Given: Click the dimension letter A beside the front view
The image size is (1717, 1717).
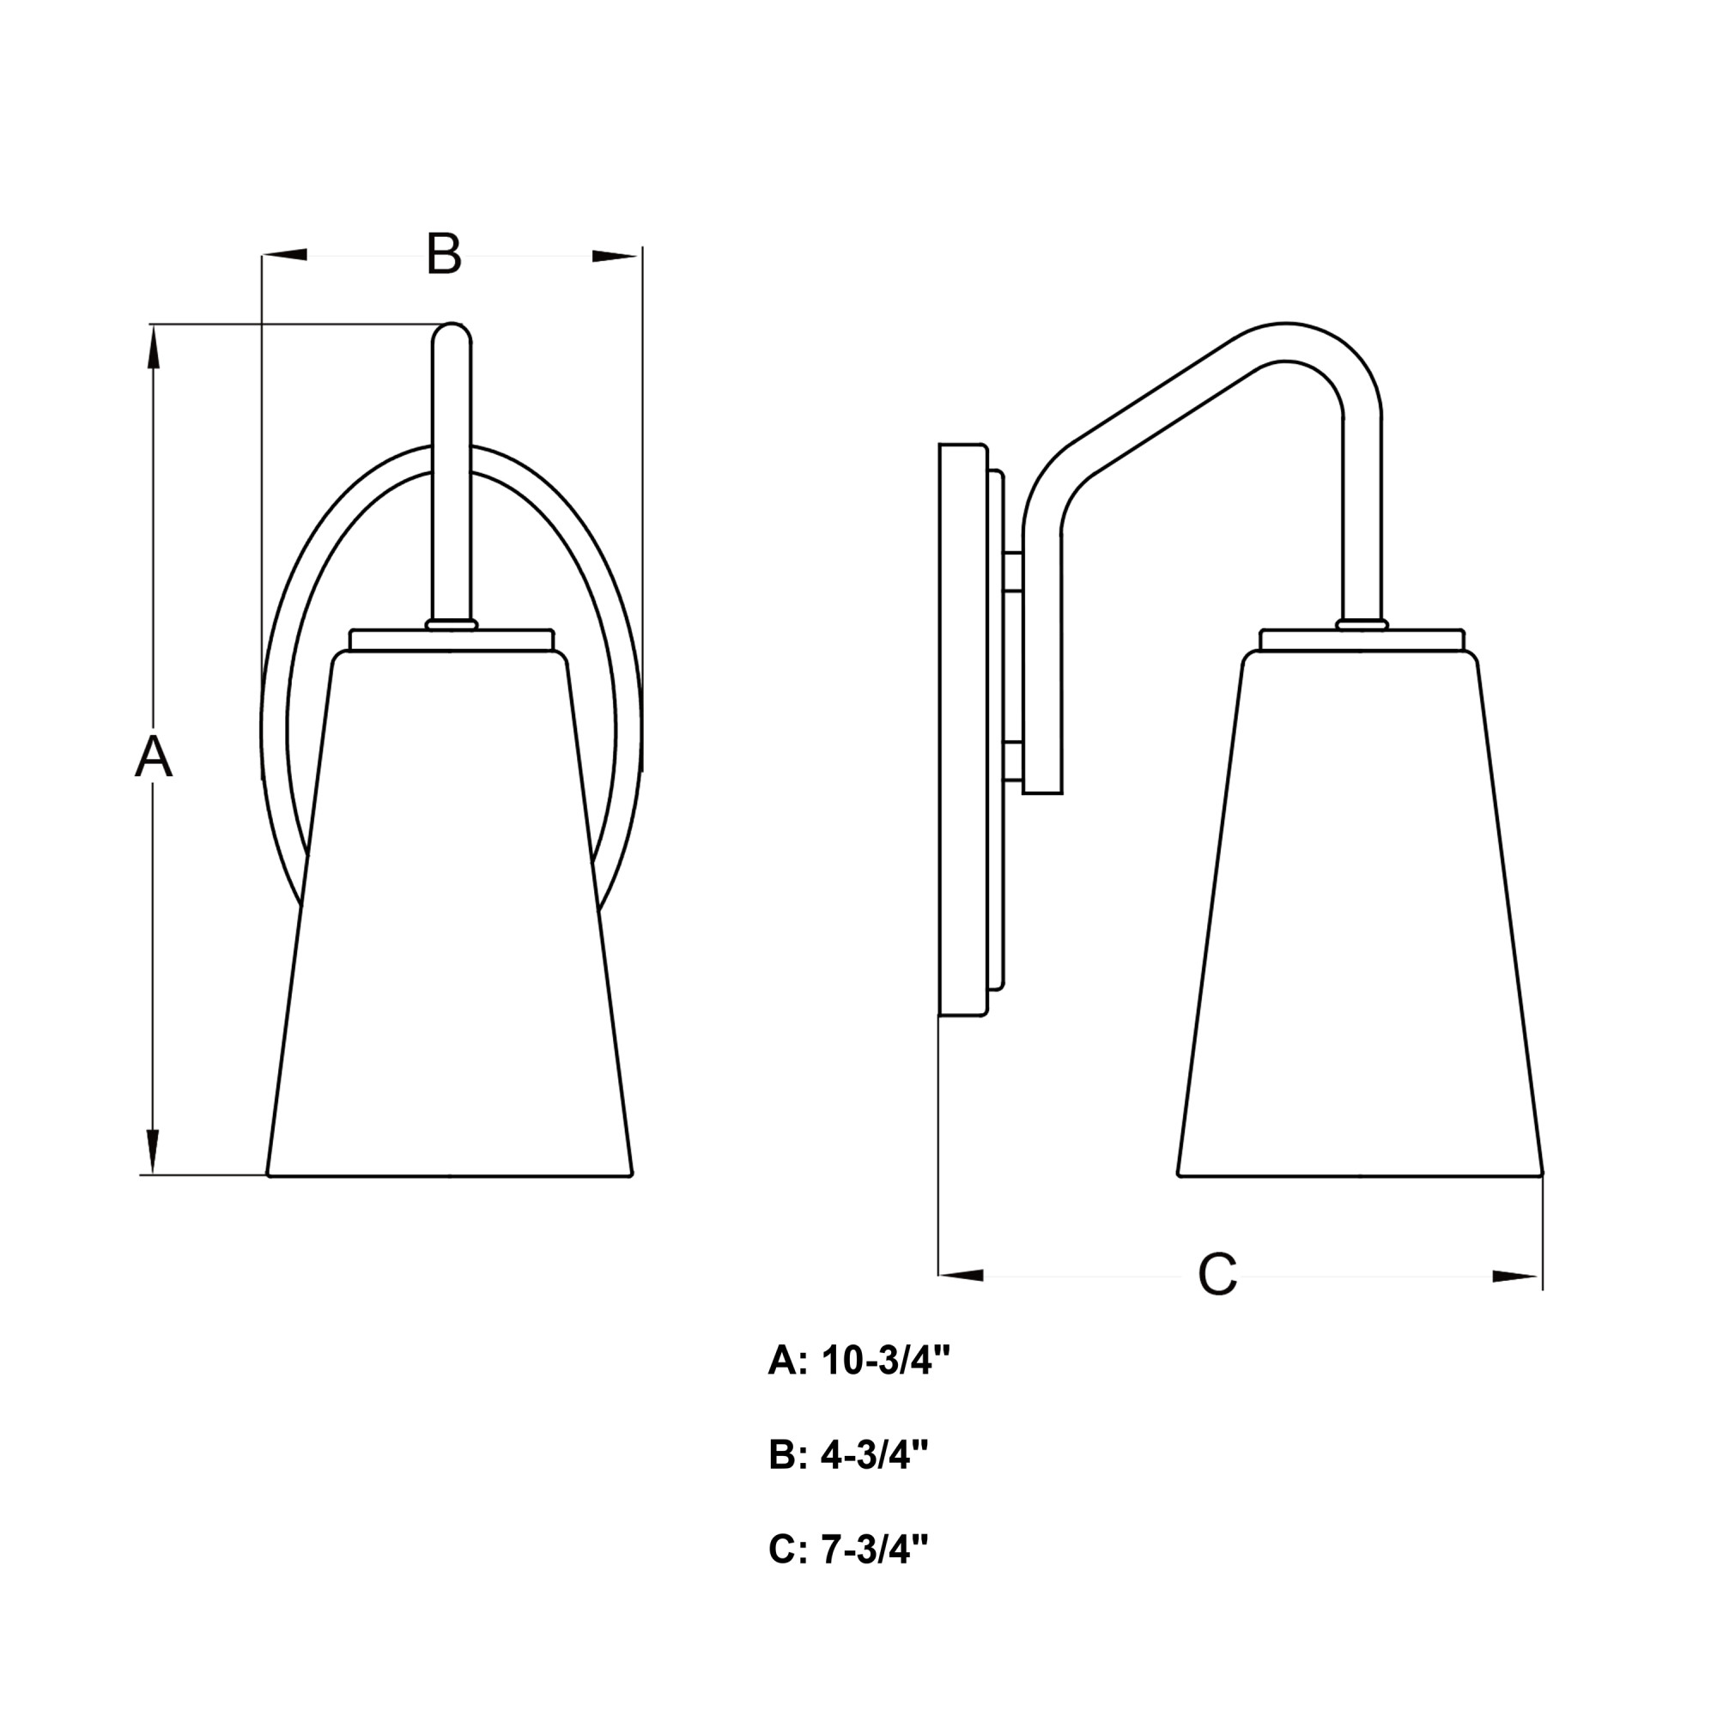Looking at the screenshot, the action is tap(153, 757).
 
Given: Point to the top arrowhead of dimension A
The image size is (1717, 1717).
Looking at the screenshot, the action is tap(153, 347).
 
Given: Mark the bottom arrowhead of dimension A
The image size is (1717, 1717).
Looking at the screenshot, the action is tap(153, 1152).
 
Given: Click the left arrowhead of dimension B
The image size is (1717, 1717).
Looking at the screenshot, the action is tap(284, 255).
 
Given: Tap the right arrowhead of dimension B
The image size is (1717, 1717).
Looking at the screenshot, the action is tap(615, 256).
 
